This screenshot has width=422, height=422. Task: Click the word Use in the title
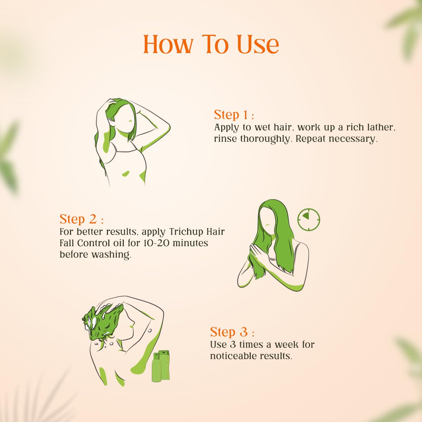258,44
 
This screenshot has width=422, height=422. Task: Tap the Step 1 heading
234,115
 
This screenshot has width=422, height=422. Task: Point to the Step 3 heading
232,332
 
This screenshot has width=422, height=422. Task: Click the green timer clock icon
308,219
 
